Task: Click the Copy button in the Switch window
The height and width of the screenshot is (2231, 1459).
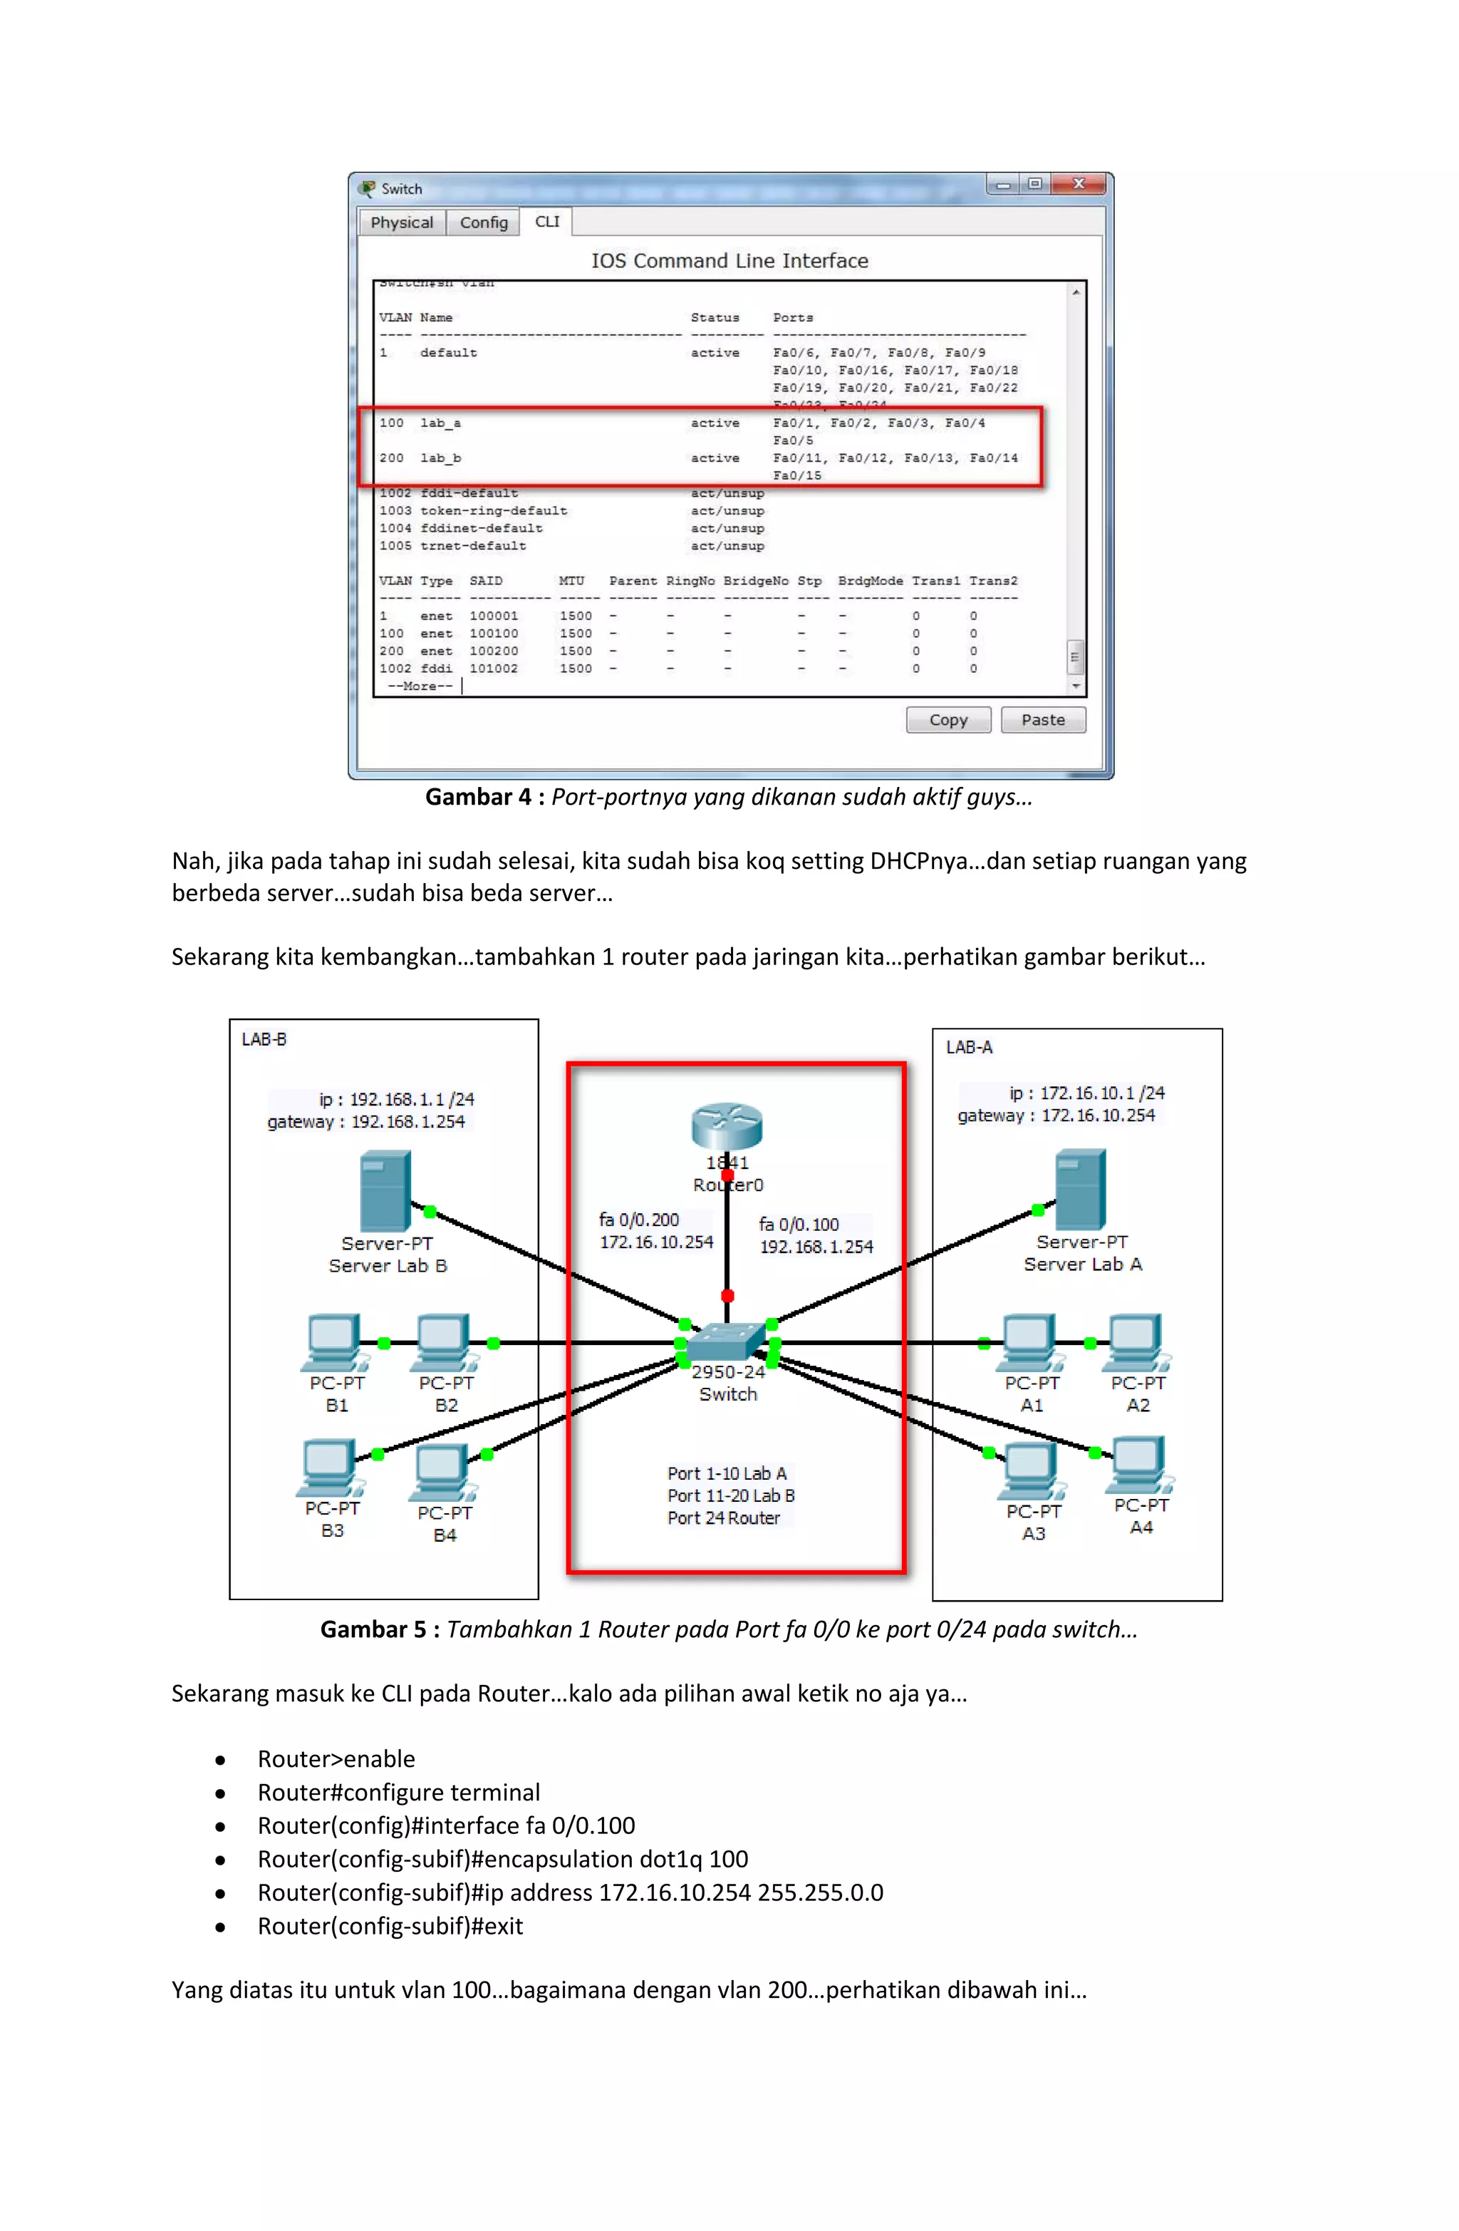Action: tap(947, 720)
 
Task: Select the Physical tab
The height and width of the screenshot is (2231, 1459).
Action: tap(401, 222)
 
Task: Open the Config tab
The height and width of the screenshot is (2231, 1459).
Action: tap(484, 222)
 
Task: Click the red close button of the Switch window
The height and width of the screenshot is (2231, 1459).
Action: tap(1079, 184)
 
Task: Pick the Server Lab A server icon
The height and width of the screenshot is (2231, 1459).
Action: tap(1081, 1189)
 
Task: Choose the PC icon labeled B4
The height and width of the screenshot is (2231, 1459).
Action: tap(442, 1473)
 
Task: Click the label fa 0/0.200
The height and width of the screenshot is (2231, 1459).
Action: tap(639, 1220)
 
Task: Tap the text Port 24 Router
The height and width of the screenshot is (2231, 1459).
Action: tap(723, 1518)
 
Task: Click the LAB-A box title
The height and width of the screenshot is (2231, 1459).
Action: tap(969, 1047)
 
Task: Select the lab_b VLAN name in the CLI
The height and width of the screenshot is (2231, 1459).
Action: tap(440, 458)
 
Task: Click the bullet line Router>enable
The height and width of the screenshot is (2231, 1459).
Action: tap(336, 1758)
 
